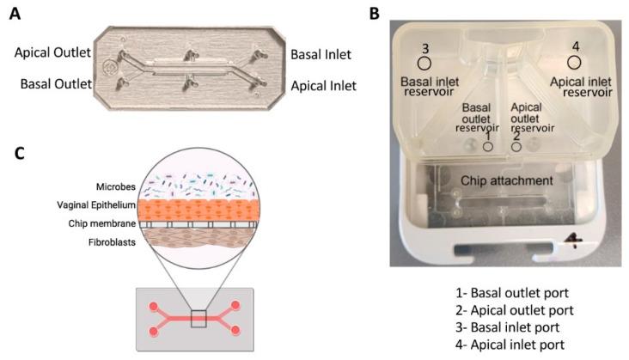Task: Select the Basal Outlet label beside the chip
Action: (52, 85)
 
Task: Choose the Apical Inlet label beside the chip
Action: (322, 85)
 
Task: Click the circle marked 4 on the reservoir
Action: (576, 62)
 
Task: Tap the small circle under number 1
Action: (487, 147)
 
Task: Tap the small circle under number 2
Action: (516, 147)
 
